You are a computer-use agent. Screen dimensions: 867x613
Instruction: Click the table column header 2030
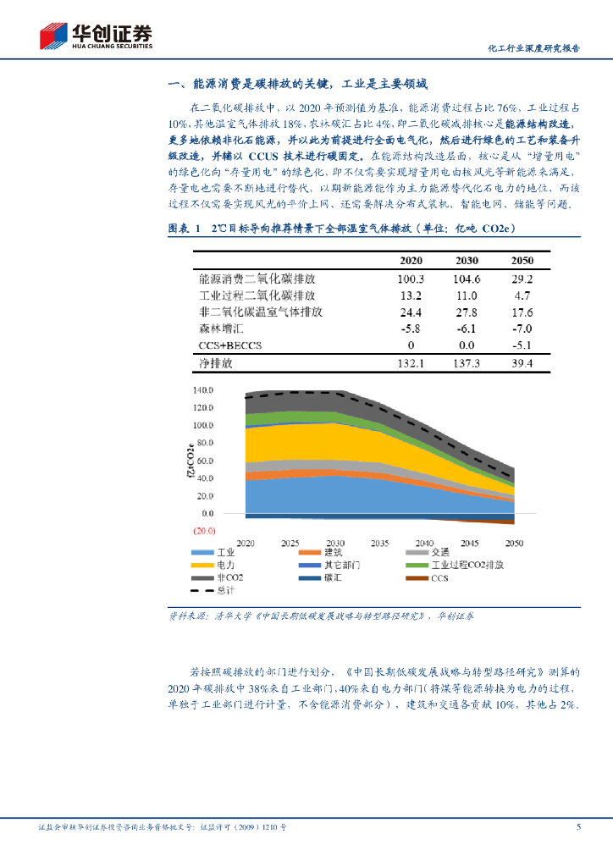(467, 261)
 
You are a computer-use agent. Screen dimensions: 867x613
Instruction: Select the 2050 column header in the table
(522, 261)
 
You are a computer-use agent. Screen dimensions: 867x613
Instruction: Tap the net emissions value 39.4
(522, 363)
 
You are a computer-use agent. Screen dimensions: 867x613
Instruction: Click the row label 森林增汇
(222, 329)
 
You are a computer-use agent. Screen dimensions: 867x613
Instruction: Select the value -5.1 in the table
(522, 346)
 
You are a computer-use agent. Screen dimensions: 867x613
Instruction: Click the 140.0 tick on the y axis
(203, 390)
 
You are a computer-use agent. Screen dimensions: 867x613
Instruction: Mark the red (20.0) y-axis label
(203, 531)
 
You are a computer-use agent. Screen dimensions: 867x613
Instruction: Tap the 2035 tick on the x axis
(380, 543)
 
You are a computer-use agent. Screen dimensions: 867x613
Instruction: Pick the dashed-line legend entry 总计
(224, 590)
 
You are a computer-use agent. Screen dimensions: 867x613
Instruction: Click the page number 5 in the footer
(578, 827)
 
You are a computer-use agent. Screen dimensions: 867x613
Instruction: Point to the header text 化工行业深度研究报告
(535, 48)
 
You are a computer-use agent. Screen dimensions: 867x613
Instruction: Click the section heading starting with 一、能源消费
(299, 84)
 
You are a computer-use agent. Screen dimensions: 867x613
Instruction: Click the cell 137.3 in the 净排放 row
(467, 363)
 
